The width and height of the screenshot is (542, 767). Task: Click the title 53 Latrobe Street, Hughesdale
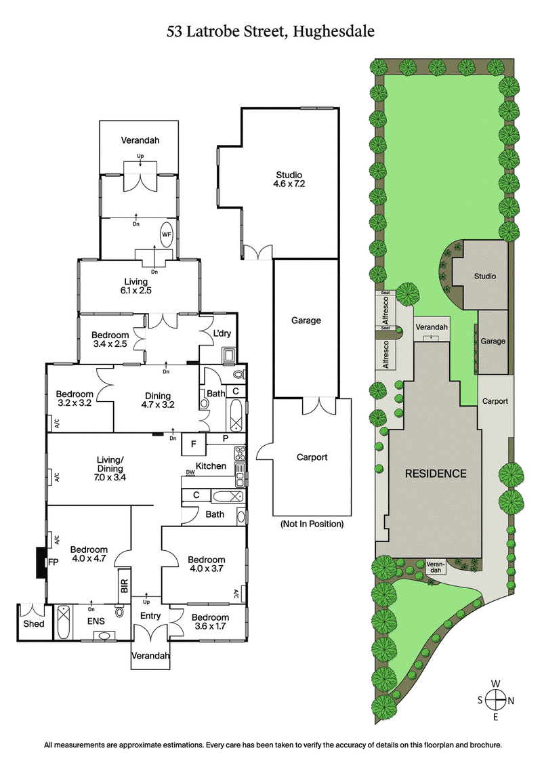click(x=271, y=31)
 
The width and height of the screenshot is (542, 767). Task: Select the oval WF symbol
click(x=166, y=234)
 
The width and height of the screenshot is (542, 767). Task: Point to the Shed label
click(x=35, y=623)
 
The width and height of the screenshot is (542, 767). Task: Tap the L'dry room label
click(x=223, y=335)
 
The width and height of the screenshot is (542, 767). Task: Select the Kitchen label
click(x=211, y=465)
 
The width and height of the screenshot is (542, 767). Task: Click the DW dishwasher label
click(x=190, y=473)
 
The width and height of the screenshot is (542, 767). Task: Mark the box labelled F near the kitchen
click(x=194, y=444)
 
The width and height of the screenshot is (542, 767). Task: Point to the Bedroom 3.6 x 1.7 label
click(x=209, y=622)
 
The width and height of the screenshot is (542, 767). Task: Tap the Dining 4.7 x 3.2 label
click(x=157, y=401)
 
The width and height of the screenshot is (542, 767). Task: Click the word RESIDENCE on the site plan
click(x=436, y=473)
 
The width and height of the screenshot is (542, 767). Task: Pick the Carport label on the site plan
click(x=495, y=401)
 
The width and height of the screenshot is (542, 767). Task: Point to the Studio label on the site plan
click(x=484, y=276)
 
